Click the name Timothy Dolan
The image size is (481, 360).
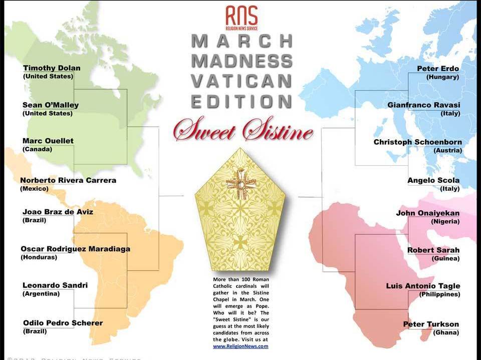52,68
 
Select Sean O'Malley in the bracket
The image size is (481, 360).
51,105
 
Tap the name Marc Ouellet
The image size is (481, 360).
48,141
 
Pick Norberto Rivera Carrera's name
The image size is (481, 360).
68,180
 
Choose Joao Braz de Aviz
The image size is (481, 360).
58,212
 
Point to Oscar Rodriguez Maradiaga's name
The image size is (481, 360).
75,249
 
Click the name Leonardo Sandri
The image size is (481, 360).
55,285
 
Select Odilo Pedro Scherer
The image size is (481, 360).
63,323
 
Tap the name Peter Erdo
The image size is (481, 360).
438,69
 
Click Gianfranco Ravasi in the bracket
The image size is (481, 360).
423,105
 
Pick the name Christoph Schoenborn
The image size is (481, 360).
417,142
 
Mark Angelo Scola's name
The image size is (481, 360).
433,180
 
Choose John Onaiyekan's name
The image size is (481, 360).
427,213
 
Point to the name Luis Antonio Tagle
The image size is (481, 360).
423,286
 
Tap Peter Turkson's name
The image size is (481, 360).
431,324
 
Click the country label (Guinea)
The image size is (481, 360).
445,258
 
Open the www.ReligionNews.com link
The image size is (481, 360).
241,346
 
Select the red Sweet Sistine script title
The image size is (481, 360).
243,131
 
